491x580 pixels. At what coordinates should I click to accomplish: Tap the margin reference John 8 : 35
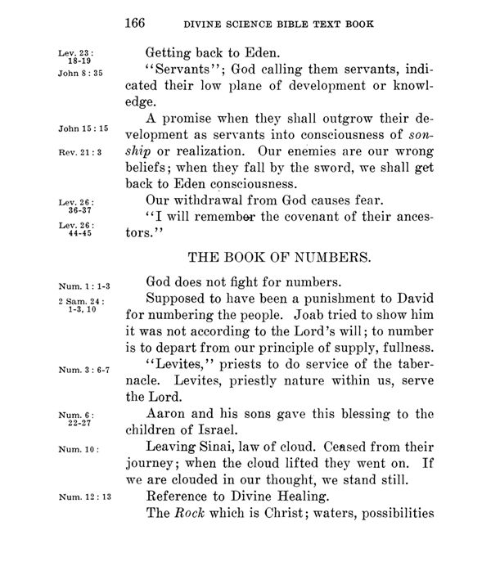[79, 71]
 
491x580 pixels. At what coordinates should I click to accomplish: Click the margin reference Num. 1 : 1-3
[80, 287]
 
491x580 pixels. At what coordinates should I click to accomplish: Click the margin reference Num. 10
[74, 449]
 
